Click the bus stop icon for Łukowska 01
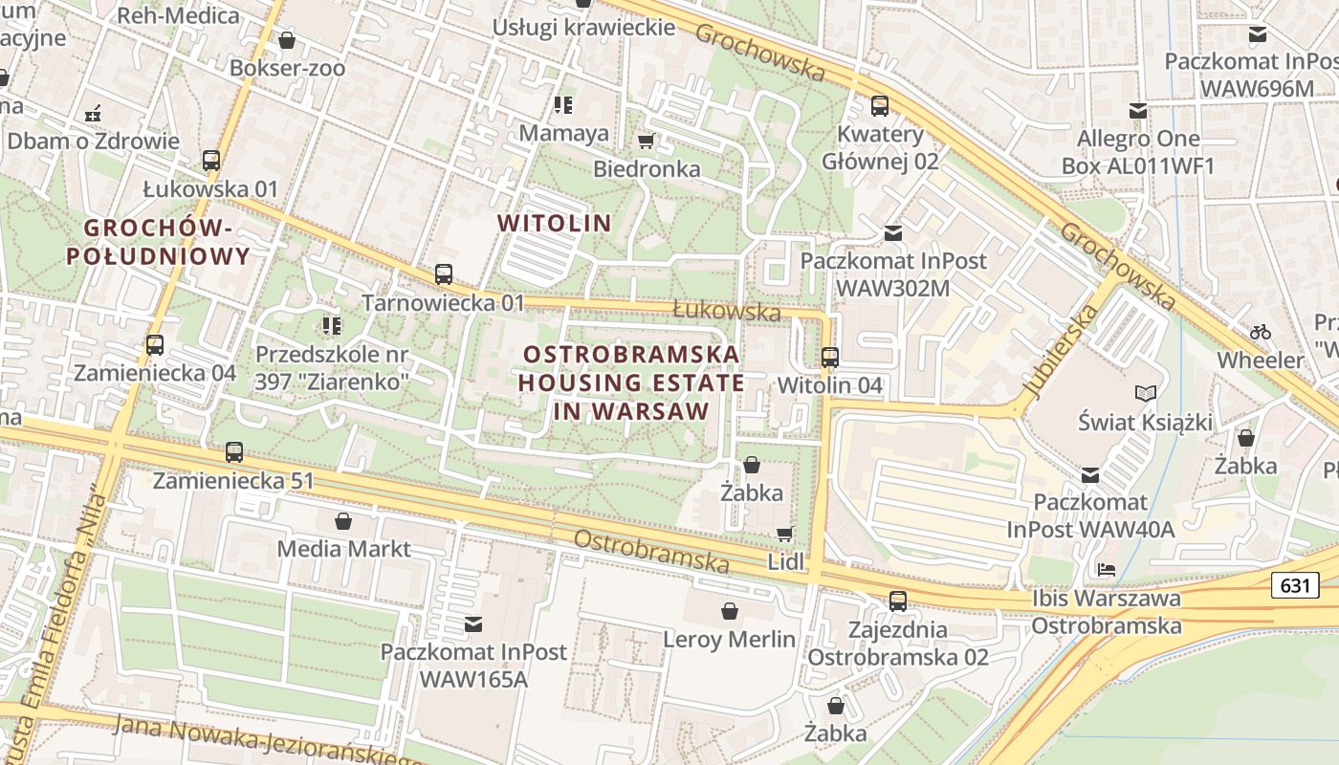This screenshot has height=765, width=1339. click(211, 161)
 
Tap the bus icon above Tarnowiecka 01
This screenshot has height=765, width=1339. click(443, 274)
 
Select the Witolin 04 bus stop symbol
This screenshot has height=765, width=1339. click(829, 358)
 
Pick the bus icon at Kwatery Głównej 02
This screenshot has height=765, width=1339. click(879, 106)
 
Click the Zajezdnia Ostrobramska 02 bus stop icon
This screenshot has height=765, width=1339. click(897, 601)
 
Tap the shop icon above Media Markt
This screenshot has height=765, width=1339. click(343, 521)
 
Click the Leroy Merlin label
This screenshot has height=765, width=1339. click(730, 640)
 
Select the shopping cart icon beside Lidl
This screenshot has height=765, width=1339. click(784, 534)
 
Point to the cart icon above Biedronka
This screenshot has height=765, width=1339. click(646, 142)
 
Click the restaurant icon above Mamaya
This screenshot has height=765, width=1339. click(563, 104)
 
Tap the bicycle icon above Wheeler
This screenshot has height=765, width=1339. click(1261, 332)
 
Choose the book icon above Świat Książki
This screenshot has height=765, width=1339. click(1145, 393)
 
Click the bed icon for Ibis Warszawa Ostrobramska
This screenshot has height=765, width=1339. click(1107, 570)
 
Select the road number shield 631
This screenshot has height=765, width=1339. click(1295, 585)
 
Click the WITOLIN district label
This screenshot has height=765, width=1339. click(554, 224)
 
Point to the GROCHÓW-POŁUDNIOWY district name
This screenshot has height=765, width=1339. click(158, 242)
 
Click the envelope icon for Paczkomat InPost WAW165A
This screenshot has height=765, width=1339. click(472, 624)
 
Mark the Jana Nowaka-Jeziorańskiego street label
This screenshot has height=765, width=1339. click(268, 741)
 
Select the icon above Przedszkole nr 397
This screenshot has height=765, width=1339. click(331, 326)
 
